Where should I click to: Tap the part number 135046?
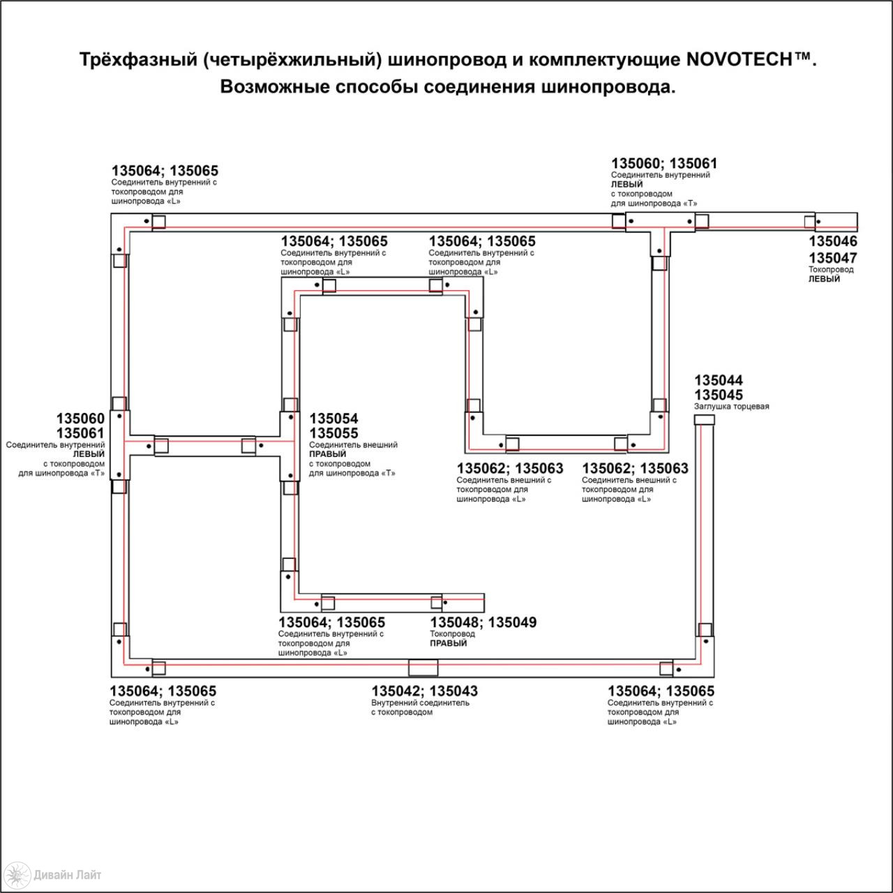point(833,241)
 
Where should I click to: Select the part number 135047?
point(833,257)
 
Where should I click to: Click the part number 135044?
point(719,380)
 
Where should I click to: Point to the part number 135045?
point(719,395)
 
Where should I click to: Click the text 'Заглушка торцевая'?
point(731,407)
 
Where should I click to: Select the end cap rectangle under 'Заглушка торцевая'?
point(704,420)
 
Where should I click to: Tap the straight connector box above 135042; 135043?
point(423,668)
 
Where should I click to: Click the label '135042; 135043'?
point(424,691)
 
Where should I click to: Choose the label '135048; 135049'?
point(483,622)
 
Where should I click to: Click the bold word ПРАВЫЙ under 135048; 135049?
point(448,643)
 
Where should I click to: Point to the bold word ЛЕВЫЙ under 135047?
point(824,279)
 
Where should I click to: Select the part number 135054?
point(333,419)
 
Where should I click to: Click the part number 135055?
point(333,433)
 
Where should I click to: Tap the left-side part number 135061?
point(81,433)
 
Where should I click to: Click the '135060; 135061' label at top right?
point(664,163)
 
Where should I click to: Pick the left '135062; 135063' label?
point(510,468)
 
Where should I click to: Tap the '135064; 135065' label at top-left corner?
point(165,170)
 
